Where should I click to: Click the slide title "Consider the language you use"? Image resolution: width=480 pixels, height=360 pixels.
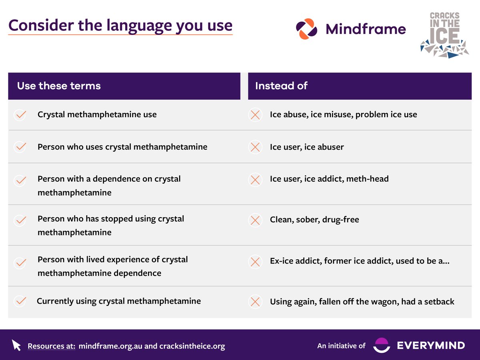click(120, 25)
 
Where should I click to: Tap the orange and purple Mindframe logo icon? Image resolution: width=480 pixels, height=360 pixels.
click(307, 29)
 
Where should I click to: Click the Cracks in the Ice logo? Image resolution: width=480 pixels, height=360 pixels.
click(444, 35)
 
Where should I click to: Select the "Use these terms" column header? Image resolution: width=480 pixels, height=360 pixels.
click(59, 86)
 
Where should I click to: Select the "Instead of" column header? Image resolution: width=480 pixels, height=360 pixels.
click(281, 86)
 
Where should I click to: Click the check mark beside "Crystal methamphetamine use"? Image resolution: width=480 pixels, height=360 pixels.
click(20, 115)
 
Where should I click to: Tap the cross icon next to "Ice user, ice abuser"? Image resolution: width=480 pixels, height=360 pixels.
click(255, 147)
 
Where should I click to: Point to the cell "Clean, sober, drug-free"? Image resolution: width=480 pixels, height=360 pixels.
click(314, 220)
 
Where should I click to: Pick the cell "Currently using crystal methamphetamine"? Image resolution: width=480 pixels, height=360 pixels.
click(119, 301)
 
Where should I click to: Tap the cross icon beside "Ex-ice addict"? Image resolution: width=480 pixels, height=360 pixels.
click(255, 262)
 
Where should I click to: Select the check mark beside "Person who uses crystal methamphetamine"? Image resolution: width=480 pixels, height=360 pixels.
click(20, 147)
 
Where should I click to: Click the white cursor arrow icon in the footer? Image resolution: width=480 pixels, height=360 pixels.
click(16, 345)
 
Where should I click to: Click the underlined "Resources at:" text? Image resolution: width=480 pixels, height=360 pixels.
click(51, 346)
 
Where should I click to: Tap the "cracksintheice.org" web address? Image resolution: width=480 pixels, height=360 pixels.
click(192, 346)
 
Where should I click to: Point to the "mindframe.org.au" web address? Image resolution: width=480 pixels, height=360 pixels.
click(110, 346)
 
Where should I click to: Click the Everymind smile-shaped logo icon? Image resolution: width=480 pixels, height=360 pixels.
click(381, 345)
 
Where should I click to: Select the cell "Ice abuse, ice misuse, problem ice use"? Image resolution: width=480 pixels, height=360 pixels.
click(343, 115)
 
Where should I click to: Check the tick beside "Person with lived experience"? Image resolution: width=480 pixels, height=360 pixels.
click(20, 263)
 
